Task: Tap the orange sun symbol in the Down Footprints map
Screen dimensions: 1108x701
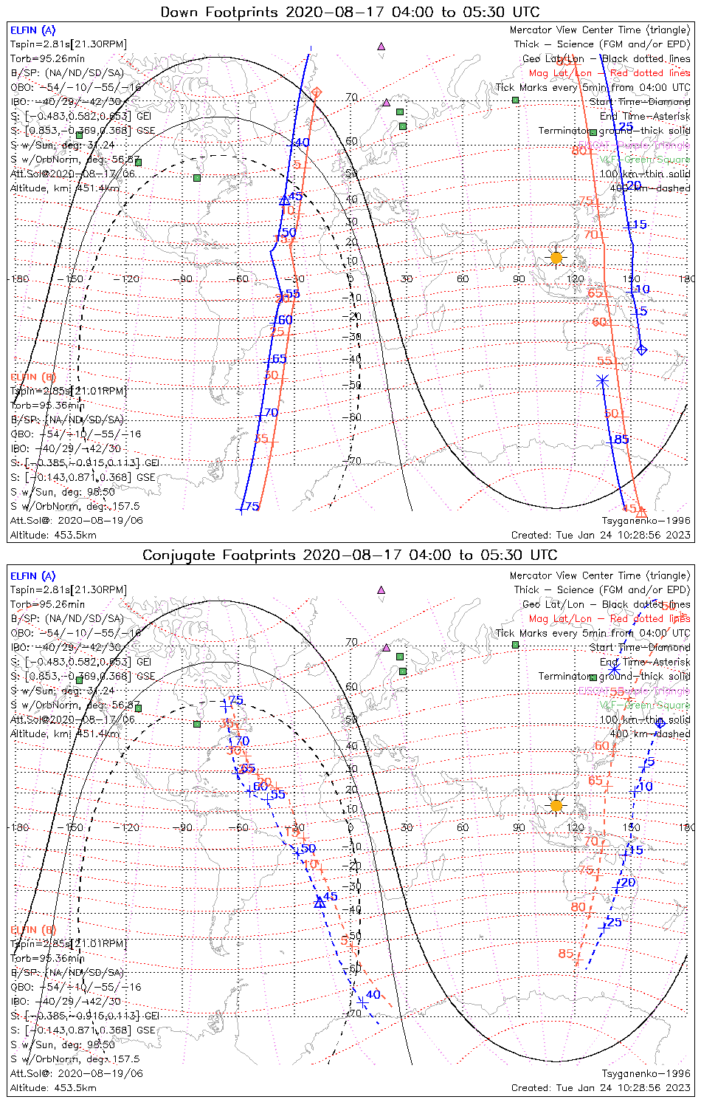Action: click(x=556, y=258)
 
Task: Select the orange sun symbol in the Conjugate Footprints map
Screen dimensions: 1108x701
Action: click(x=556, y=805)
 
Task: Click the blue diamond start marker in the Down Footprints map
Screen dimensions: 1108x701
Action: click(x=641, y=349)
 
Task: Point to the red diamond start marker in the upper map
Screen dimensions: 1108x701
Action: click(x=317, y=92)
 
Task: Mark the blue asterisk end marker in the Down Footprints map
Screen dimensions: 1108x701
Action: click(x=603, y=380)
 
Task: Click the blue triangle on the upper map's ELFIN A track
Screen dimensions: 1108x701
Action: click(x=285, y=200)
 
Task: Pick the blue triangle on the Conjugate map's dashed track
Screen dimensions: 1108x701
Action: click(x=320, y=902)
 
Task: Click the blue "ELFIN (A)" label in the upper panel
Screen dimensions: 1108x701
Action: click(x=32, y=30)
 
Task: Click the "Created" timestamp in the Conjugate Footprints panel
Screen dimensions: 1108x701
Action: click(x=601, y=1087)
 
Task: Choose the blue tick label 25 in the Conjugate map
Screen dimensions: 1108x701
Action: click(x=614, y=923)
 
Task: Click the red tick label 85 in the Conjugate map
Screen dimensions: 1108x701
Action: click(x=566, y=954)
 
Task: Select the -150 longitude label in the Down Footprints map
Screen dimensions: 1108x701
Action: click(x=74, y=279)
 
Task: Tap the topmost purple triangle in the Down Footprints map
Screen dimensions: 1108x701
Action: click(x=381, y=46)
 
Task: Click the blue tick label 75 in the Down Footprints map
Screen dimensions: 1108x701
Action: click(x=252, y=507)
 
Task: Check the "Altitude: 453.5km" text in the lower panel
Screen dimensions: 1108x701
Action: click(x=53, y=1087)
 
